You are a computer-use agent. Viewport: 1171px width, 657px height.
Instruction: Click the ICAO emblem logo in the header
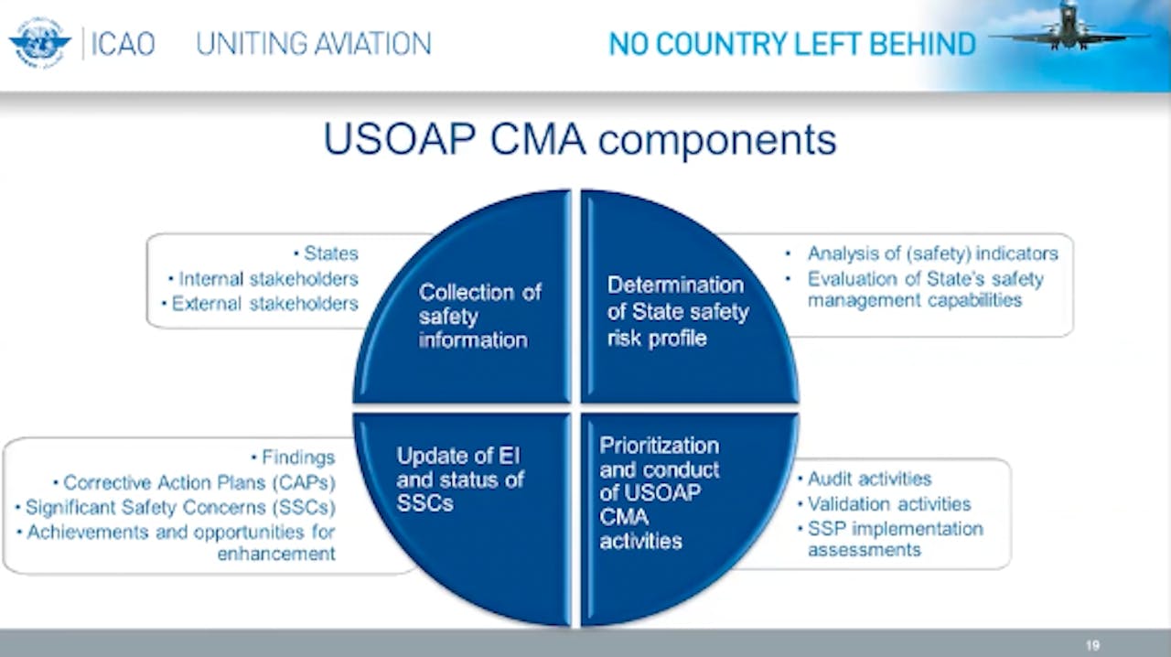[x=39, y=43]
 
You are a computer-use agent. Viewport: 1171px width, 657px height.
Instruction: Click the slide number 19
[x=1092, y=645]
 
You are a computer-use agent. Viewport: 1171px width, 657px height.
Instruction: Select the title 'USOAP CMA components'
[x=579, y=139]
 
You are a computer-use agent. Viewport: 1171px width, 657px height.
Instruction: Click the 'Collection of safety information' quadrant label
[x=479, y=316]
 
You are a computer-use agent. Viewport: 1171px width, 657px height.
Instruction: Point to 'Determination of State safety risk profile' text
[x=678, y=311]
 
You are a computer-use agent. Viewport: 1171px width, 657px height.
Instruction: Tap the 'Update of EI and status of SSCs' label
[x=459, y=479]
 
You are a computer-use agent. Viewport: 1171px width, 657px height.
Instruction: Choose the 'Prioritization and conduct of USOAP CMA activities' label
[x=660, y=492]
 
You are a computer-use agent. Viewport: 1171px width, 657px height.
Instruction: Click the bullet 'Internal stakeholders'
[x=268, y=278]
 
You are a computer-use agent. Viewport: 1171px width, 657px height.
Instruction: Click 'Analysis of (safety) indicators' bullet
[x=931, y=253]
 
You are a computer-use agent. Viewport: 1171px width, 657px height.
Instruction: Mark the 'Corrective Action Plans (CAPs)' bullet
[x=199, y=482]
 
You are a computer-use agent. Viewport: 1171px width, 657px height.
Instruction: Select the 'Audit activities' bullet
[x=868, y=479]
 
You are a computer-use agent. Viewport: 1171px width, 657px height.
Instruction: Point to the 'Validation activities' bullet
[x=888, y=503]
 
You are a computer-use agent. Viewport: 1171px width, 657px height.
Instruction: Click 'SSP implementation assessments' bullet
[x=894, y=539]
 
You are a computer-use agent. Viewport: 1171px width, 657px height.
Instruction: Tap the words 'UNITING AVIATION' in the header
[x=314, y=44]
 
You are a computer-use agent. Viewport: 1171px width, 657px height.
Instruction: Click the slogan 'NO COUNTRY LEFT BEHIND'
[x=792, y=44]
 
